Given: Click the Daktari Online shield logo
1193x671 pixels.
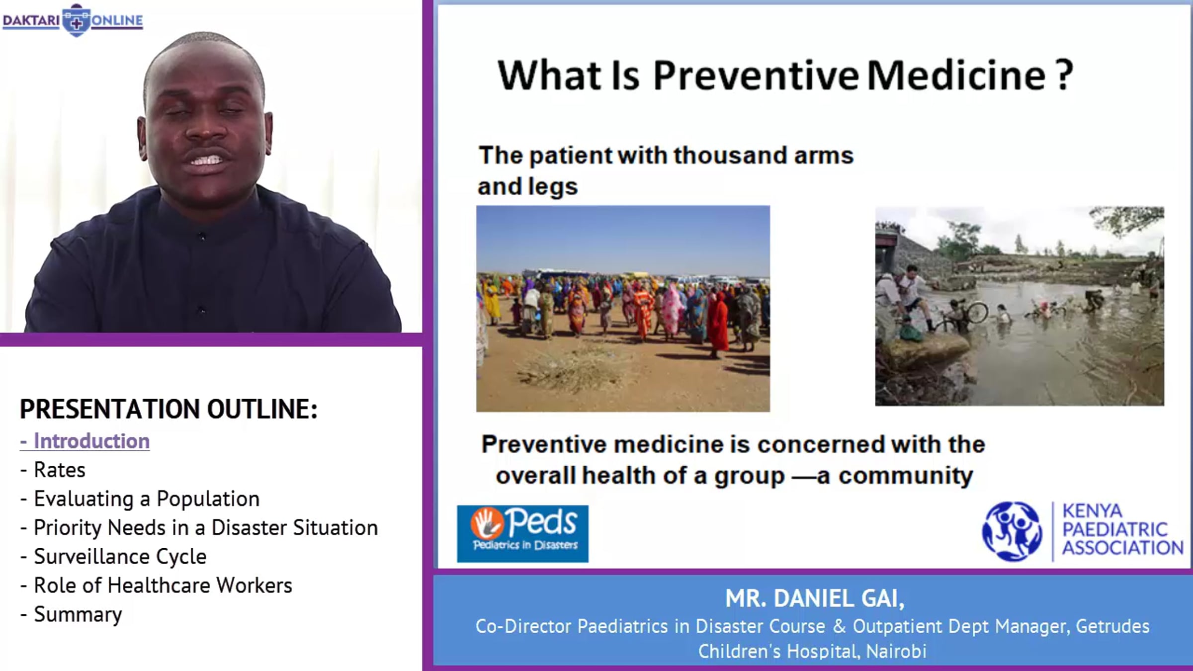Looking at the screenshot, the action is pos(76,20).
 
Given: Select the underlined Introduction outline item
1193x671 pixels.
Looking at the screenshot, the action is pos(85,441).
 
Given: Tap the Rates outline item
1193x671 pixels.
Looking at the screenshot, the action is pos(53,470).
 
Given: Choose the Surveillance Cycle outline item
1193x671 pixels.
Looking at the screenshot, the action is pos(113,557).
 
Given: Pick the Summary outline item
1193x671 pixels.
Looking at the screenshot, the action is pos(71,615).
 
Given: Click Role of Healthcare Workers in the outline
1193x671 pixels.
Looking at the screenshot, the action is pos(156,586).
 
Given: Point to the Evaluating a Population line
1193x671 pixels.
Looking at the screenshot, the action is pos(140,499).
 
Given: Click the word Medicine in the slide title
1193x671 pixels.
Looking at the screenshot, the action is pos(956,76).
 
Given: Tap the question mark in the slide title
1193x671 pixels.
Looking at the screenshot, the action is pos(1064,76).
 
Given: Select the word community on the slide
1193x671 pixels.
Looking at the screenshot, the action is pos(905,476).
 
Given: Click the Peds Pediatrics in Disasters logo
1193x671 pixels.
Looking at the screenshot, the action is pos(522,534).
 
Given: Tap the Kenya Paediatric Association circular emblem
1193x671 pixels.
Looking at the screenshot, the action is pos(1012,531).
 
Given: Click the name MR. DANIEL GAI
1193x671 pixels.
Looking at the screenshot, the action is pos(815,598).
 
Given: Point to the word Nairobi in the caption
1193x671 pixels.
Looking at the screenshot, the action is pos(896,651).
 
